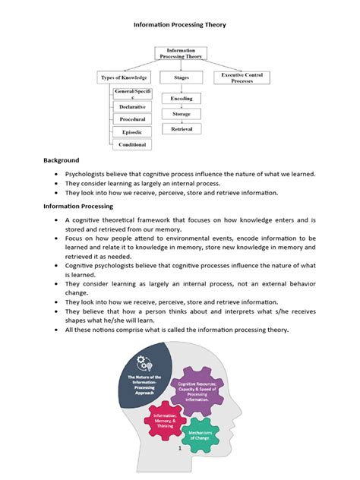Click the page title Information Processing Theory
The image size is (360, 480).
click(x=180, y=24)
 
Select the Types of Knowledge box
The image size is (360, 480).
click(x=125, y=77)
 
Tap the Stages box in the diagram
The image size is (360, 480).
click(x=182, y=77)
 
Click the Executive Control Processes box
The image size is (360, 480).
click(x=242, y=77)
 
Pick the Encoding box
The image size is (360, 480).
click(x=182, y=99)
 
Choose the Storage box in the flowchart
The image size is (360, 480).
click(x=182, y=114)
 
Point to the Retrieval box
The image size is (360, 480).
click(x=182, y=130)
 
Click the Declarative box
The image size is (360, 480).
click(x=133, y=107)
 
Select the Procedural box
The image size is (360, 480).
click(x=133, y=119)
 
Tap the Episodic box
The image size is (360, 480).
click(x=133, y=131)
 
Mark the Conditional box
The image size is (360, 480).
click(x=133, y=144)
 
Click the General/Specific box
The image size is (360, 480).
click(x=133, y=93)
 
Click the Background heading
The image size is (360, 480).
click(x=61, y=161)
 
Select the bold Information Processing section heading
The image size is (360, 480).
click(x=77, y=206)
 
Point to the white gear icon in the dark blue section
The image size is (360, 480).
click(x=145, y=362)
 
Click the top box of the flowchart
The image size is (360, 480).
click(x=181, y=53)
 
